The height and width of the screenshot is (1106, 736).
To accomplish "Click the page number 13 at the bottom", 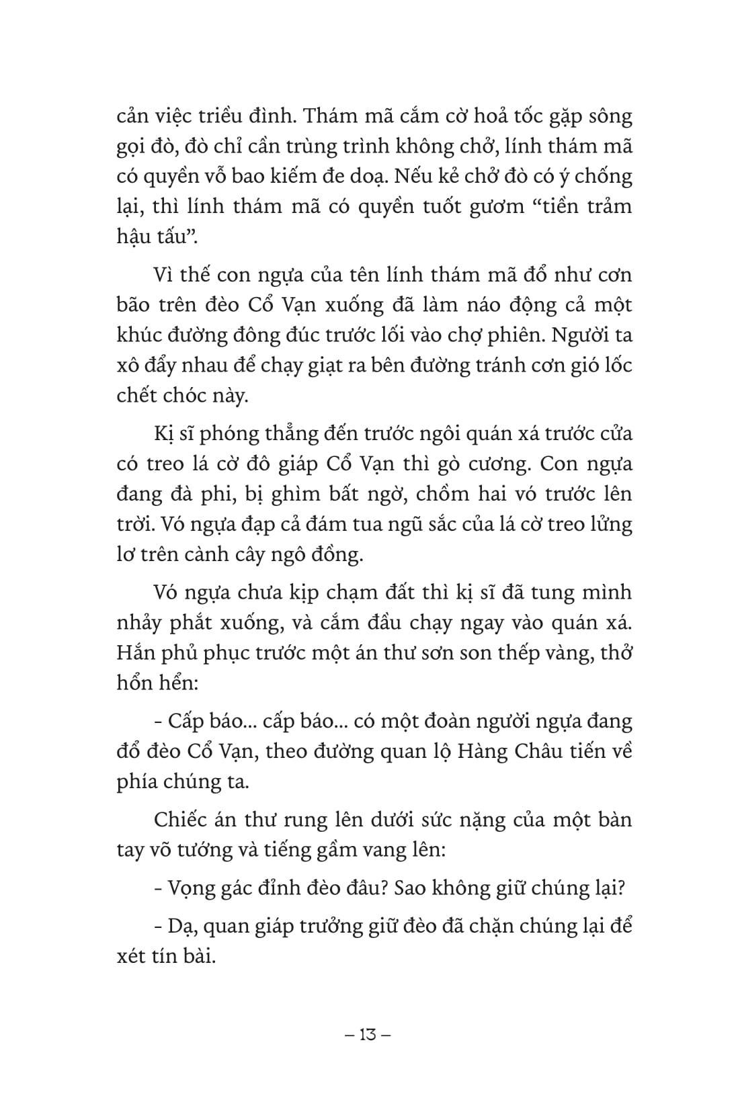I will (367, 1034).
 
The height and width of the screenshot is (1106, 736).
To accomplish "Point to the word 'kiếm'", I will (321, 177).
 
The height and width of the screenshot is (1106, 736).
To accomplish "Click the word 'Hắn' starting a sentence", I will (134, 653).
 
